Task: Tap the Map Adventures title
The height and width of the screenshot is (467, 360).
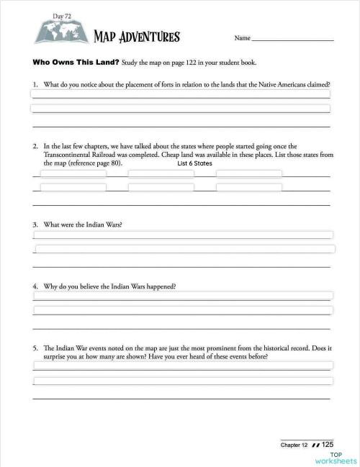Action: coord(137,37)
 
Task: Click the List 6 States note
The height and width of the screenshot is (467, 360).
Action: coord(194,163)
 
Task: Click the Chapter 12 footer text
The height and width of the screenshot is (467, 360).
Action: coord(295,445)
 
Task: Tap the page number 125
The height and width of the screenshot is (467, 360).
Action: coord(327,445)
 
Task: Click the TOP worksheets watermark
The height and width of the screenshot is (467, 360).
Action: coord(335,458)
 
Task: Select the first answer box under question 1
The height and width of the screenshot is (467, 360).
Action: coord(180,94)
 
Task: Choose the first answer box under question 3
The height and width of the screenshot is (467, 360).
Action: coord(183,235)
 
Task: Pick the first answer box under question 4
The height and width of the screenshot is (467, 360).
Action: coord(183,296)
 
